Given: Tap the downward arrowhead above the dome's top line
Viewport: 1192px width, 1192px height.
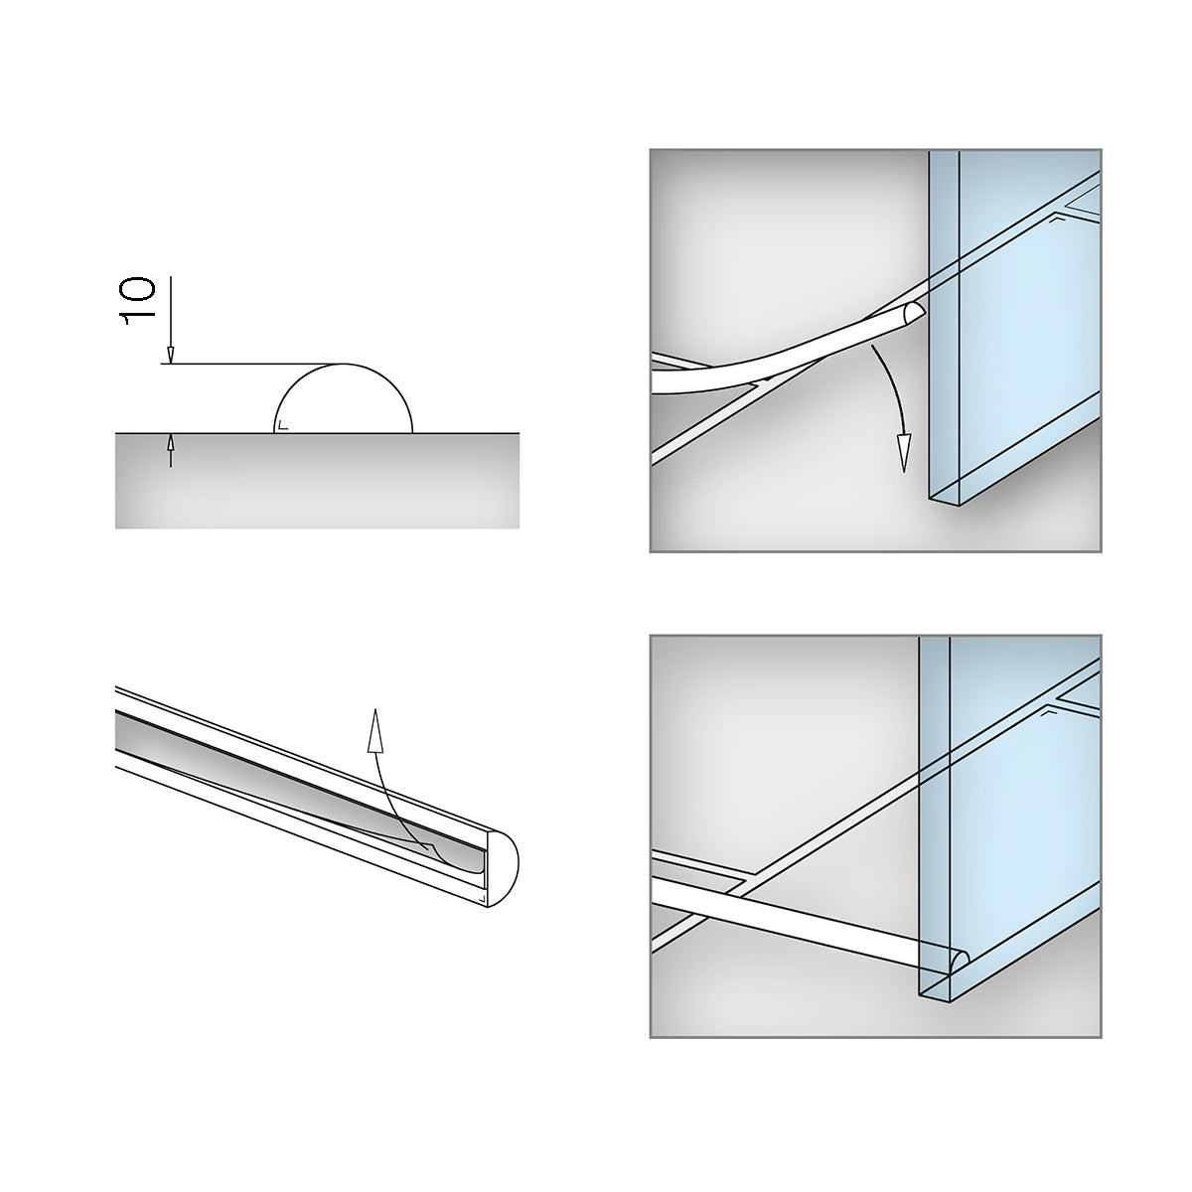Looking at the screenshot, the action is point(171,355).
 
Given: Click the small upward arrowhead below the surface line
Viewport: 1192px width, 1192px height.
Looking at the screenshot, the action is point(171,443).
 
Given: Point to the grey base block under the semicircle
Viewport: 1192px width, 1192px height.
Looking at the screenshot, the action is point(317,481).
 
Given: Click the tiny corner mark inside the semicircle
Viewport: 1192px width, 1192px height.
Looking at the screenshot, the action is point(283,425).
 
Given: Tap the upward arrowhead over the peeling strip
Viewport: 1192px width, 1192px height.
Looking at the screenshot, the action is point(374,730).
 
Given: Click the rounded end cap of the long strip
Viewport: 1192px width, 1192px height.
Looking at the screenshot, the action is point(503,867).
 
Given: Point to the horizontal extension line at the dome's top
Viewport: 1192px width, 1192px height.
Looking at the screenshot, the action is point(252,364).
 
